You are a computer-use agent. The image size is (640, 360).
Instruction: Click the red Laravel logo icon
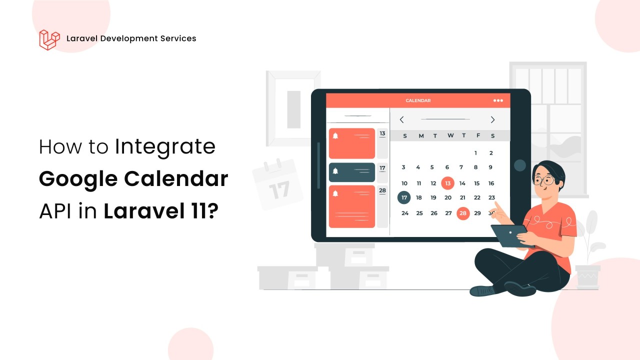tap(49, 39)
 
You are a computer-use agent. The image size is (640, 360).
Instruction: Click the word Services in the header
tap(178, 38)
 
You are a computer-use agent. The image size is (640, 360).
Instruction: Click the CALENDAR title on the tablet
tap(418, 100)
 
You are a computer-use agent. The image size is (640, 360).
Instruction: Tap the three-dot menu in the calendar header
tap(498, 100)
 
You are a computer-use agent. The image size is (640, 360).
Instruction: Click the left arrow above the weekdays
tap(401, 119)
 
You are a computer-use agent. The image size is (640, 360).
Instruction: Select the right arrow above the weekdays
tap(492, 119)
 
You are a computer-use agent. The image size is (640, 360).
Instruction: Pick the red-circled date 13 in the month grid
tap(447, 183)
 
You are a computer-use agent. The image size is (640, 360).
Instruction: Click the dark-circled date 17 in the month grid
tap(404, 197)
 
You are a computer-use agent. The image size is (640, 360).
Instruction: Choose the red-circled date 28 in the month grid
tap(463, 213)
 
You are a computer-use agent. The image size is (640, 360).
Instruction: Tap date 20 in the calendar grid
tap(448, 197)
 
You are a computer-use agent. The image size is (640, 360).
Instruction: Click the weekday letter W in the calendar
tap(450, 135)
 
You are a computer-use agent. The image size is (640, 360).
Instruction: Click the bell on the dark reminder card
tap(335, 171)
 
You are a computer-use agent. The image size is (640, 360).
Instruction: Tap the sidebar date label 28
tap(382, 190)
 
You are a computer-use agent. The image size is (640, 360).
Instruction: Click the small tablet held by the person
tap(511, 235)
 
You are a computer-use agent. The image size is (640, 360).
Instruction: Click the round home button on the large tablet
tap(519, 165)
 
